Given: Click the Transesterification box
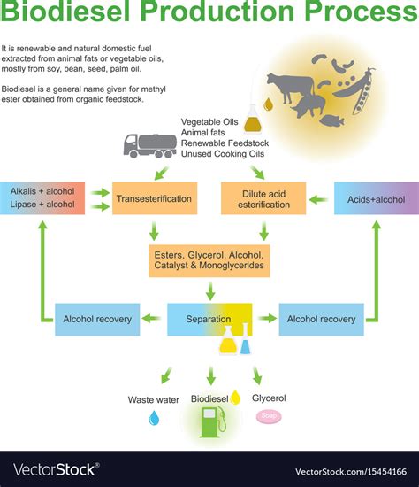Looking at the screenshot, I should (x=153, y=199).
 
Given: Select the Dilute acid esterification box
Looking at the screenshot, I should (x=263, y=199).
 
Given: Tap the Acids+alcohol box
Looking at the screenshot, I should (x=377, y=199).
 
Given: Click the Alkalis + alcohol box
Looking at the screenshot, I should (x=42, y=197).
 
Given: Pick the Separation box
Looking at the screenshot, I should (x=210, y=319).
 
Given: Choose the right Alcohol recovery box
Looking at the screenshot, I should (x=321, y=319).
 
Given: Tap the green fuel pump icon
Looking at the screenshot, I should (x=211, y=421).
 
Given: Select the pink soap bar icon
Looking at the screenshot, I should (x=268, y=415).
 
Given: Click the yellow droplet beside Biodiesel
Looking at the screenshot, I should (x=235, y=399).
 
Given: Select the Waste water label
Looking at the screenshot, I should (x=153, y=399).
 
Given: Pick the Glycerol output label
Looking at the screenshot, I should (x=269, y=398).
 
